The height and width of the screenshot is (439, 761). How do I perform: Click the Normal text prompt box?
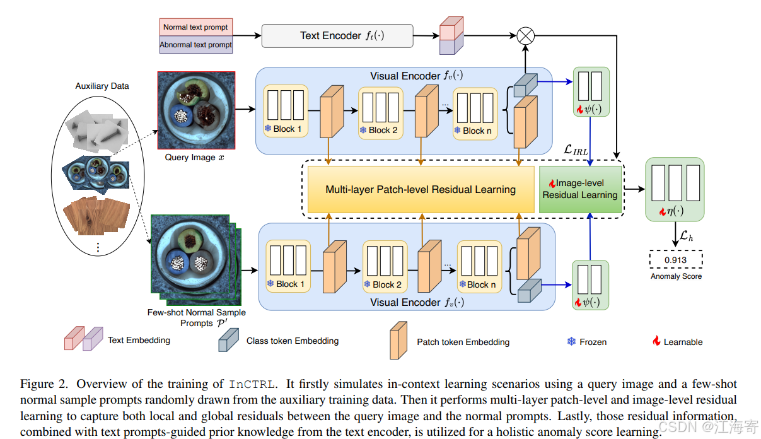point(196,27)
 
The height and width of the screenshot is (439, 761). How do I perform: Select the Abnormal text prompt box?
point(196,45)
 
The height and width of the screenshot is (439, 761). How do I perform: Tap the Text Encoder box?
point(337,36)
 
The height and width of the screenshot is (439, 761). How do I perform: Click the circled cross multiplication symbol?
point(525,36)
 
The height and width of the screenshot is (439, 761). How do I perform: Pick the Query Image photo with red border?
point(196,110)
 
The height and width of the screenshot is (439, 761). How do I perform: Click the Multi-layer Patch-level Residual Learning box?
point(421,189)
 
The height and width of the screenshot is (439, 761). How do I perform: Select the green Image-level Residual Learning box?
point(580,189)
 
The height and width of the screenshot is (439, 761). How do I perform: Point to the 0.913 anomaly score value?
point(675,260)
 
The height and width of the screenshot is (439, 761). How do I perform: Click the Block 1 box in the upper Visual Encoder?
point(286,111)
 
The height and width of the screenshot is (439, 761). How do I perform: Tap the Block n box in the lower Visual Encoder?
point(479,266)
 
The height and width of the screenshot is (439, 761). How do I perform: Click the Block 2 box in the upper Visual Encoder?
point(381,113)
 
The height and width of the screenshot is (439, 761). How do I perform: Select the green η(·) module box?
point(675,189)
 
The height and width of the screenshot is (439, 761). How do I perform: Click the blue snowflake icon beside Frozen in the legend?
point(571,341)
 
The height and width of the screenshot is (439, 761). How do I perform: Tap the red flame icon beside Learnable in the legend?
point(656,341)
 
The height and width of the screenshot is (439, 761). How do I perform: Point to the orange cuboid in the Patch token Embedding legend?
point(398,341)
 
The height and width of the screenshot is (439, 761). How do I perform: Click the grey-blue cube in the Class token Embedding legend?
point(228,340)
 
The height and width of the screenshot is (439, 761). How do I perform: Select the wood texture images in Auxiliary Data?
point(96,216)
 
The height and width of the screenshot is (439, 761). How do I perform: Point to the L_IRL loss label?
point(576,150)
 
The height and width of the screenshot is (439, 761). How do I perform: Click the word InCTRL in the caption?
point(252,384)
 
